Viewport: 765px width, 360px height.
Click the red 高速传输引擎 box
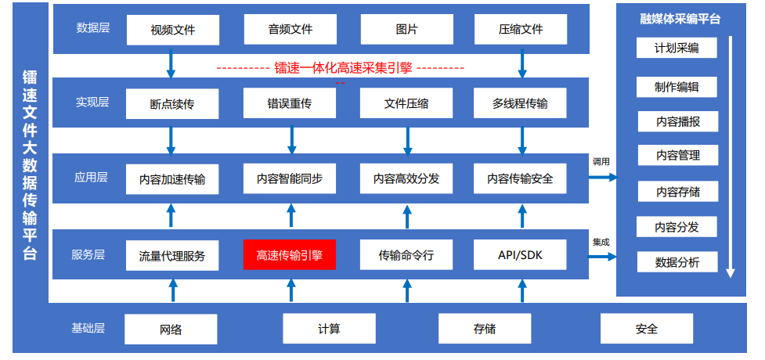[290, 255]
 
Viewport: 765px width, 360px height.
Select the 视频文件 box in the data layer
[172, 31]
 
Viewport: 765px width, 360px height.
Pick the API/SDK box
[520, 255]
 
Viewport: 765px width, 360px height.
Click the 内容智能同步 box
[290, 178]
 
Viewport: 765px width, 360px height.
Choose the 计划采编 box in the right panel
[677, 49]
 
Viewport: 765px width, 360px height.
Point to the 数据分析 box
[677, 262]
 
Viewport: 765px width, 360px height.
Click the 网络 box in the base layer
[170, 329]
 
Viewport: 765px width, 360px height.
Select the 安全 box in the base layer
[647, 329]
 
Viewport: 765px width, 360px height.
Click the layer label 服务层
[88, 255]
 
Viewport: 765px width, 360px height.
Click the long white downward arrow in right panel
[731, 157]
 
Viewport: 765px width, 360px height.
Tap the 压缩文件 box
[521, 31]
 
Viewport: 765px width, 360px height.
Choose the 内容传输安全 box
[520, 178]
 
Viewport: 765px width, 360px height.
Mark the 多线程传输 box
[520, 103]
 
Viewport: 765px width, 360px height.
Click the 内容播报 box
[677, 122]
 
